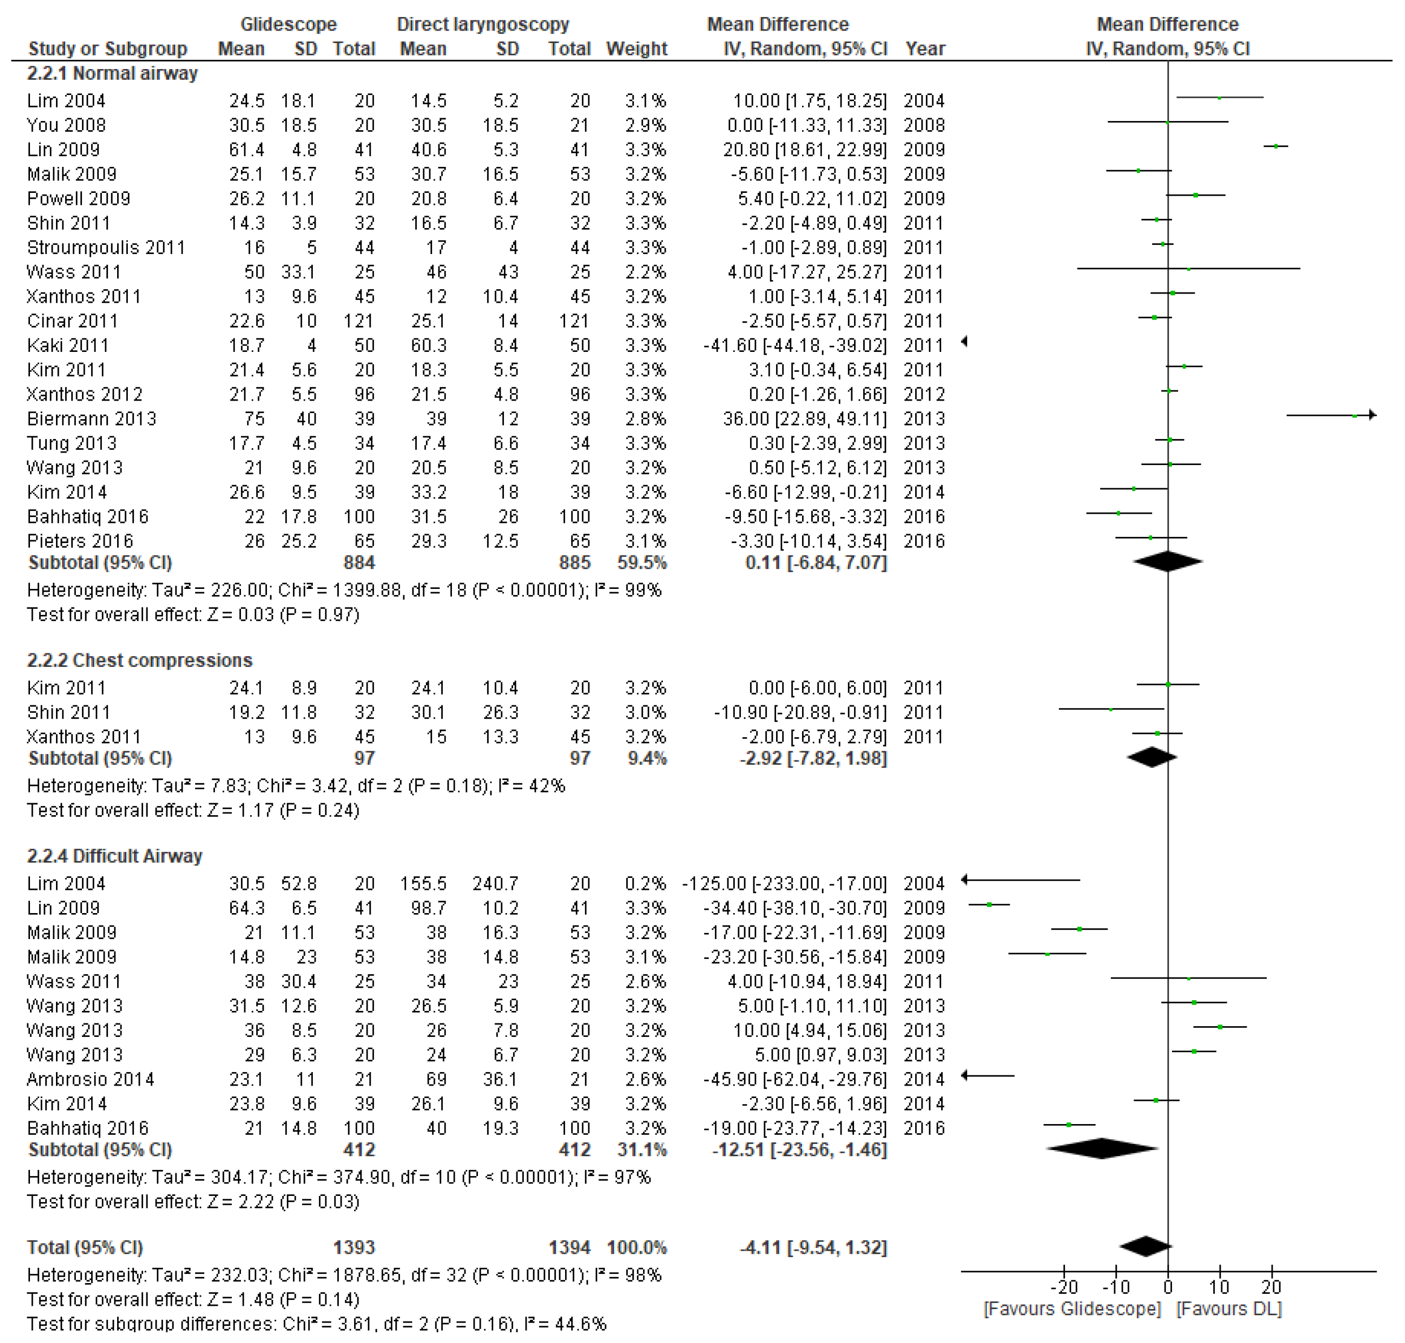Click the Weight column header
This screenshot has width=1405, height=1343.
[x=636, y=49]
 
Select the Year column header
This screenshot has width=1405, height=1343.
[x=925, y=49]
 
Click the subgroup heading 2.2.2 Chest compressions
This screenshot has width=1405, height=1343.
[x=140, y=660]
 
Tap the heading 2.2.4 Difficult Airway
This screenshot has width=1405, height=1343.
[x=114, y=856]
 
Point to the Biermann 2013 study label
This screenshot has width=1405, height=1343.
[x=92, y=419]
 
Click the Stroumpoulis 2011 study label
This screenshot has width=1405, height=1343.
[x=106, y=248]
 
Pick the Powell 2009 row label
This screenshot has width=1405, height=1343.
[x=79, y=199]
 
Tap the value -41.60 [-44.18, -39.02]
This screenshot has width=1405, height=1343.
[x=795, y=346]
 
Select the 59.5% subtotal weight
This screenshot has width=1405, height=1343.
[x=642, y=563]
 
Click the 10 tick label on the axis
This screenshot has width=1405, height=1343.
[x=1219, y=1287]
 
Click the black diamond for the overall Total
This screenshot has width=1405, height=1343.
[x=1145, y=1246]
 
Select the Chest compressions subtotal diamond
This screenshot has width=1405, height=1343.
[x=1152, y=757]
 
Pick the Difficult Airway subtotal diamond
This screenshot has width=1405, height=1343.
[x=1102, y=1149]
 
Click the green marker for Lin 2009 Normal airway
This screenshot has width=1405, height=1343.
[x=1276, y=146]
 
